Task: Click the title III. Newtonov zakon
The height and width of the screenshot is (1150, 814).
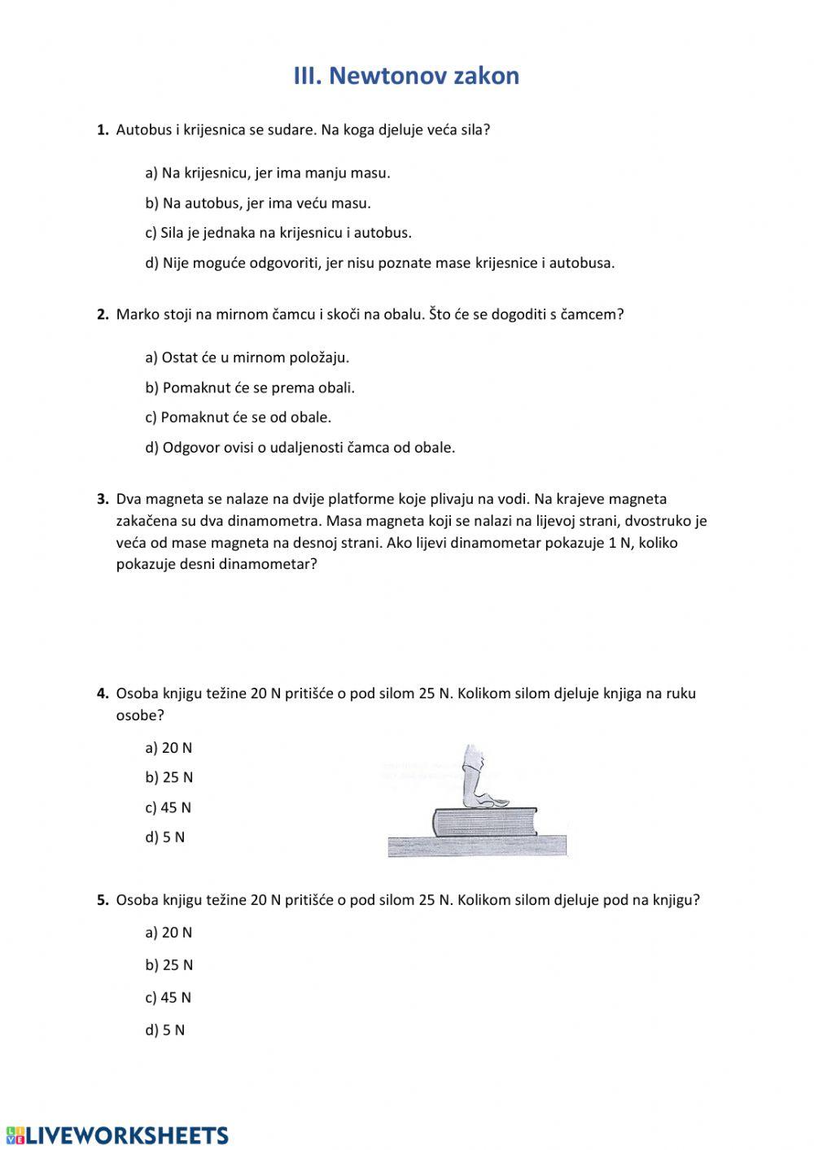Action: coord(406,76)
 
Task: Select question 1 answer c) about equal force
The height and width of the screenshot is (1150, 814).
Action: coord(278,233)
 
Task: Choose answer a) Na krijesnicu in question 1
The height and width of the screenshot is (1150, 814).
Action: coord(268,173)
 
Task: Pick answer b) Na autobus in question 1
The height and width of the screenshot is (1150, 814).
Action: coord(258,203)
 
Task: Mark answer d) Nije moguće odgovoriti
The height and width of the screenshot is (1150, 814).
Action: coord(380,263)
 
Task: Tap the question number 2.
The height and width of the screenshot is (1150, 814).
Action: coord(103,315)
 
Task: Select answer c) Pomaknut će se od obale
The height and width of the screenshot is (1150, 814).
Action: coord(239,418)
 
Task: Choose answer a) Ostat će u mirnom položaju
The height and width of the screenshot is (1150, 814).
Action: coord(247,357)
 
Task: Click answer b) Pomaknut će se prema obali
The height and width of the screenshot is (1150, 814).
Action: coord(250,387)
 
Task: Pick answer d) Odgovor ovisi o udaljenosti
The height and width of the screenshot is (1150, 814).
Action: coord(300,448)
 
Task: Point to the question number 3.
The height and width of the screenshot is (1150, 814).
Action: coord(103,499)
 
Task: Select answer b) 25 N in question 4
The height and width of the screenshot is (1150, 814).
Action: coord(169,777)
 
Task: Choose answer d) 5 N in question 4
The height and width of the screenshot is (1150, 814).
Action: coord(165,837)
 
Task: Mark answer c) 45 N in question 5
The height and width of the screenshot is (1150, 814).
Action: coord(168,997)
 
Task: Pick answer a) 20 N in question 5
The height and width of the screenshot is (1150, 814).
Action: coord(168,933)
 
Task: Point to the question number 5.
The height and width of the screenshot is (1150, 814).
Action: coord(103,900)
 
